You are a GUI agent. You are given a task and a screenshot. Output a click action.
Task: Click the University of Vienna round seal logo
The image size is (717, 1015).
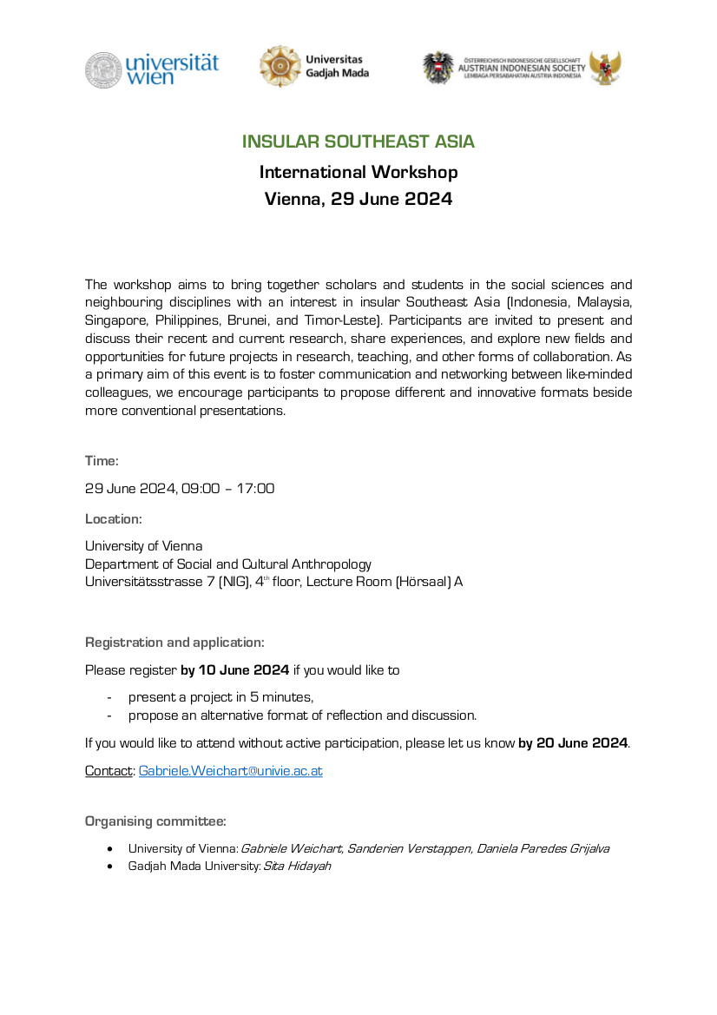(x=102, y=69)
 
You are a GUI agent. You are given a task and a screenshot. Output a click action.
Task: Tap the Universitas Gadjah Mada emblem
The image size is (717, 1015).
(x=278, y=67)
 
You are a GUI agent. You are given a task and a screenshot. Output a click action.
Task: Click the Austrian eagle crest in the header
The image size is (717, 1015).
(x=438, y=68)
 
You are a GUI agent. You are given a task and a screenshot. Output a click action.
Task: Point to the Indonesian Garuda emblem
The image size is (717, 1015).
(x=605, y=68)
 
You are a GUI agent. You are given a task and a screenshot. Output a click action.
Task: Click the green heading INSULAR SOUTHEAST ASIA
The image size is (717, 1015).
(x=358, y=142)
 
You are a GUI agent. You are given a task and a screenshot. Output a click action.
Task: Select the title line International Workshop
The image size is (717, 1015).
(x=358, y=172)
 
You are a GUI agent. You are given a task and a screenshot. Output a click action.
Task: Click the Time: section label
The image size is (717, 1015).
(x=102, y=460)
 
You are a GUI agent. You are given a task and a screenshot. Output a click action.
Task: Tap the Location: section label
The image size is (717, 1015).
(x=113, y=519)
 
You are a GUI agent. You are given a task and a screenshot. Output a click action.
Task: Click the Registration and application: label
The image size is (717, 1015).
(x=174, y=643)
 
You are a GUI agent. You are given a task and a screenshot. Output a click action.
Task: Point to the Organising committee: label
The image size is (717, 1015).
(x=155, y=821)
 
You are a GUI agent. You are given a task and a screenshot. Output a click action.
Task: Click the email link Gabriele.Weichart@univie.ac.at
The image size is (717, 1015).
(x=231, y=770)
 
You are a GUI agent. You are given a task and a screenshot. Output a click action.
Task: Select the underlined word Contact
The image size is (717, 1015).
(x=108, y=770)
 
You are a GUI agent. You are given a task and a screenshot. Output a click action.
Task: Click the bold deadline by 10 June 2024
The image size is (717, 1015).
(x=234, y=670)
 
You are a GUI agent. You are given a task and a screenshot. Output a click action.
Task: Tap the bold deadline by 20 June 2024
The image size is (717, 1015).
(x=573, y=743)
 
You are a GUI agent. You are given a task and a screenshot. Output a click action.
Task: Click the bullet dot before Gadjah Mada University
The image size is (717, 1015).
(x=109, y=867)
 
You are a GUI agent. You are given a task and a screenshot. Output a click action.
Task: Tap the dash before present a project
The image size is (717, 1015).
(x=109, y=697)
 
